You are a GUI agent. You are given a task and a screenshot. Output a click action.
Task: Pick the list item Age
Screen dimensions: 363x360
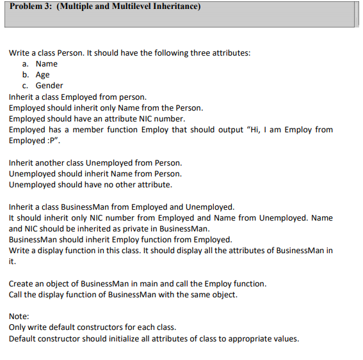click(x=42, y=75)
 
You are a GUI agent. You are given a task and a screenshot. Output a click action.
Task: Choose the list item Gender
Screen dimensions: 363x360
click(x=49, y=86)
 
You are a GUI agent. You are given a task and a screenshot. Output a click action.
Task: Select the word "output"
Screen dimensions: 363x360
click(x=230, y=130)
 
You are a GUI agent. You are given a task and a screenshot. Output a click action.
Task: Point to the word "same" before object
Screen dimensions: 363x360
click(x=190, y=294)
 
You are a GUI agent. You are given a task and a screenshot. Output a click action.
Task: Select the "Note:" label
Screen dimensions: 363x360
click(x=19, y=316)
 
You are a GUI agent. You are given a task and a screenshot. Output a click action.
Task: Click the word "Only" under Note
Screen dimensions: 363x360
click(x=18, y=327)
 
